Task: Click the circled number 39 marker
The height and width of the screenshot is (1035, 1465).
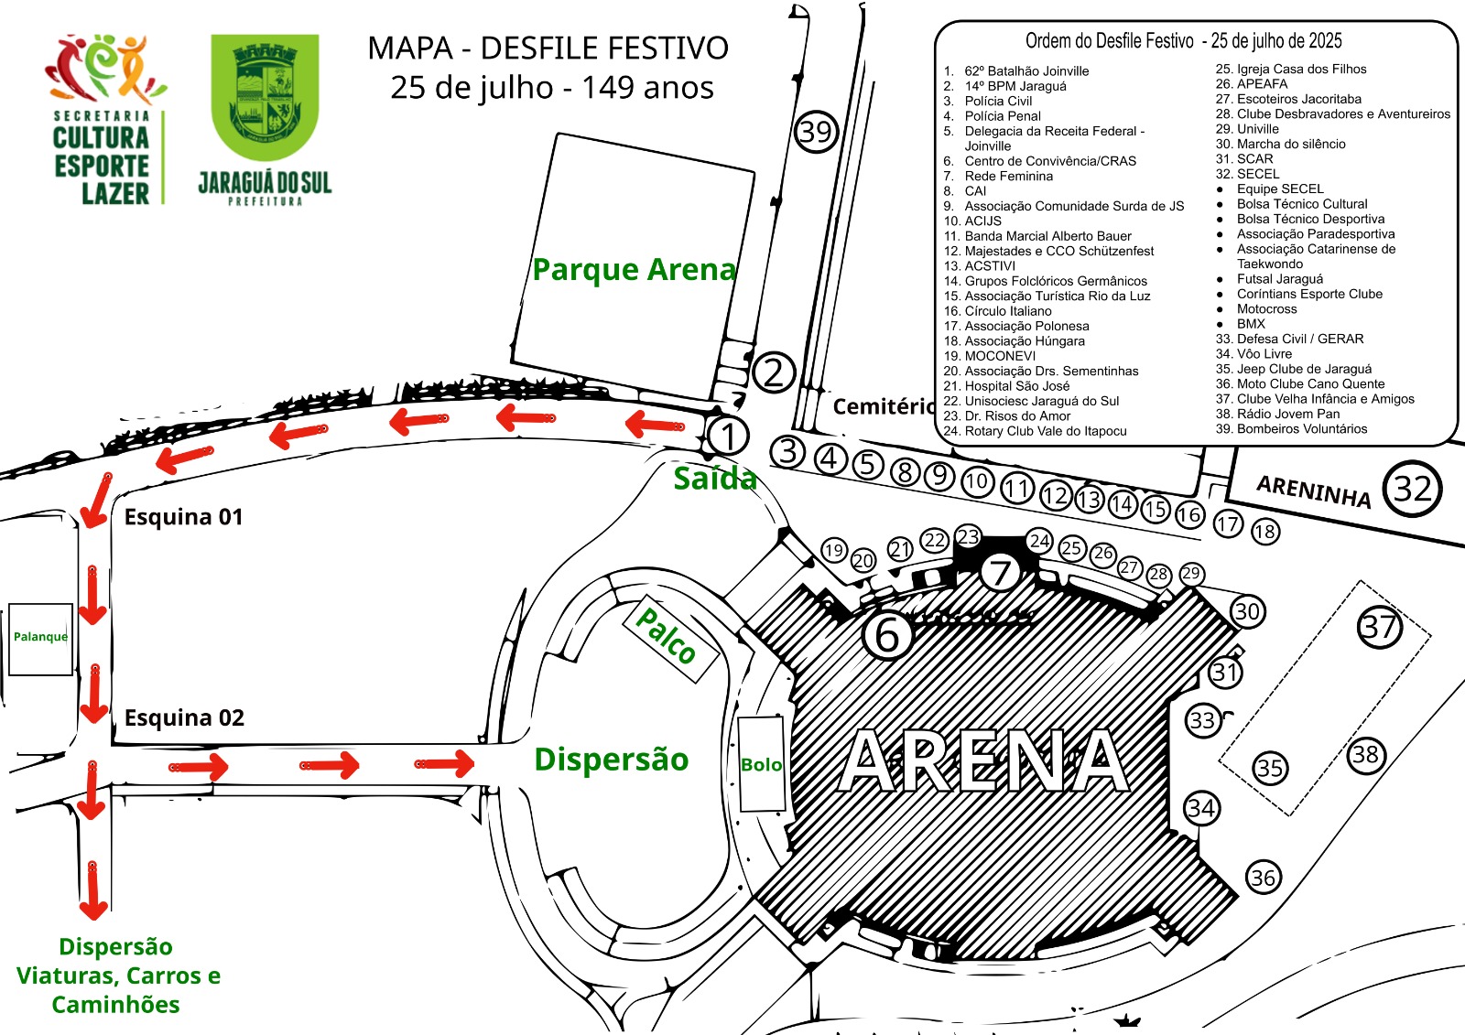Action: click(816, 132)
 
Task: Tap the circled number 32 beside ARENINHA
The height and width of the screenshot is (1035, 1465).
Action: click(1412, 489)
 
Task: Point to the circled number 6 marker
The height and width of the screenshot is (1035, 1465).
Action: click(887, 633)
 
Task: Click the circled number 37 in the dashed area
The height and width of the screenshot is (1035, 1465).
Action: click(1379, 628)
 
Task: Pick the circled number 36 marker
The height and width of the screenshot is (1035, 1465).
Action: click(1263, 878)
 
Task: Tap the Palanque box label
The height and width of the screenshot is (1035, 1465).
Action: click(40, 637)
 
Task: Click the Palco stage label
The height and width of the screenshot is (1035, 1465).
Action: click(666, 636)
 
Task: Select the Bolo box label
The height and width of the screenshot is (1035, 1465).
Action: click(761, 765)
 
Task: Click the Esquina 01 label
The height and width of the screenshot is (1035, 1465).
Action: click(183, 517)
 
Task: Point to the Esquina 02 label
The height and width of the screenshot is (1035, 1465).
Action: click(184, 717)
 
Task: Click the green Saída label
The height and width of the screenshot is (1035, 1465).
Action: click(715, 479)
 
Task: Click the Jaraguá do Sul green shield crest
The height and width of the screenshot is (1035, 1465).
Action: click(265, 97)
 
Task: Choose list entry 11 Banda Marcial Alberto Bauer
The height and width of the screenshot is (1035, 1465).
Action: click(1037, 236)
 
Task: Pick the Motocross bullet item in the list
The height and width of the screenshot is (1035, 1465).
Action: click(1256, 308)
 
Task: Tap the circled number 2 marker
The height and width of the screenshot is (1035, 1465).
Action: click(774, 372)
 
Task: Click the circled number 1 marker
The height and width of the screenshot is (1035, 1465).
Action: click(727, 437)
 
